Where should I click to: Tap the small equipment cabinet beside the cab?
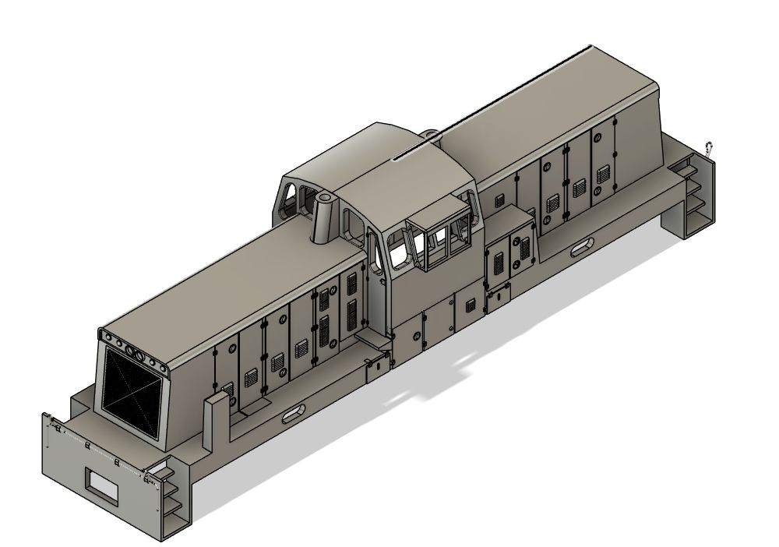click(510, 249)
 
